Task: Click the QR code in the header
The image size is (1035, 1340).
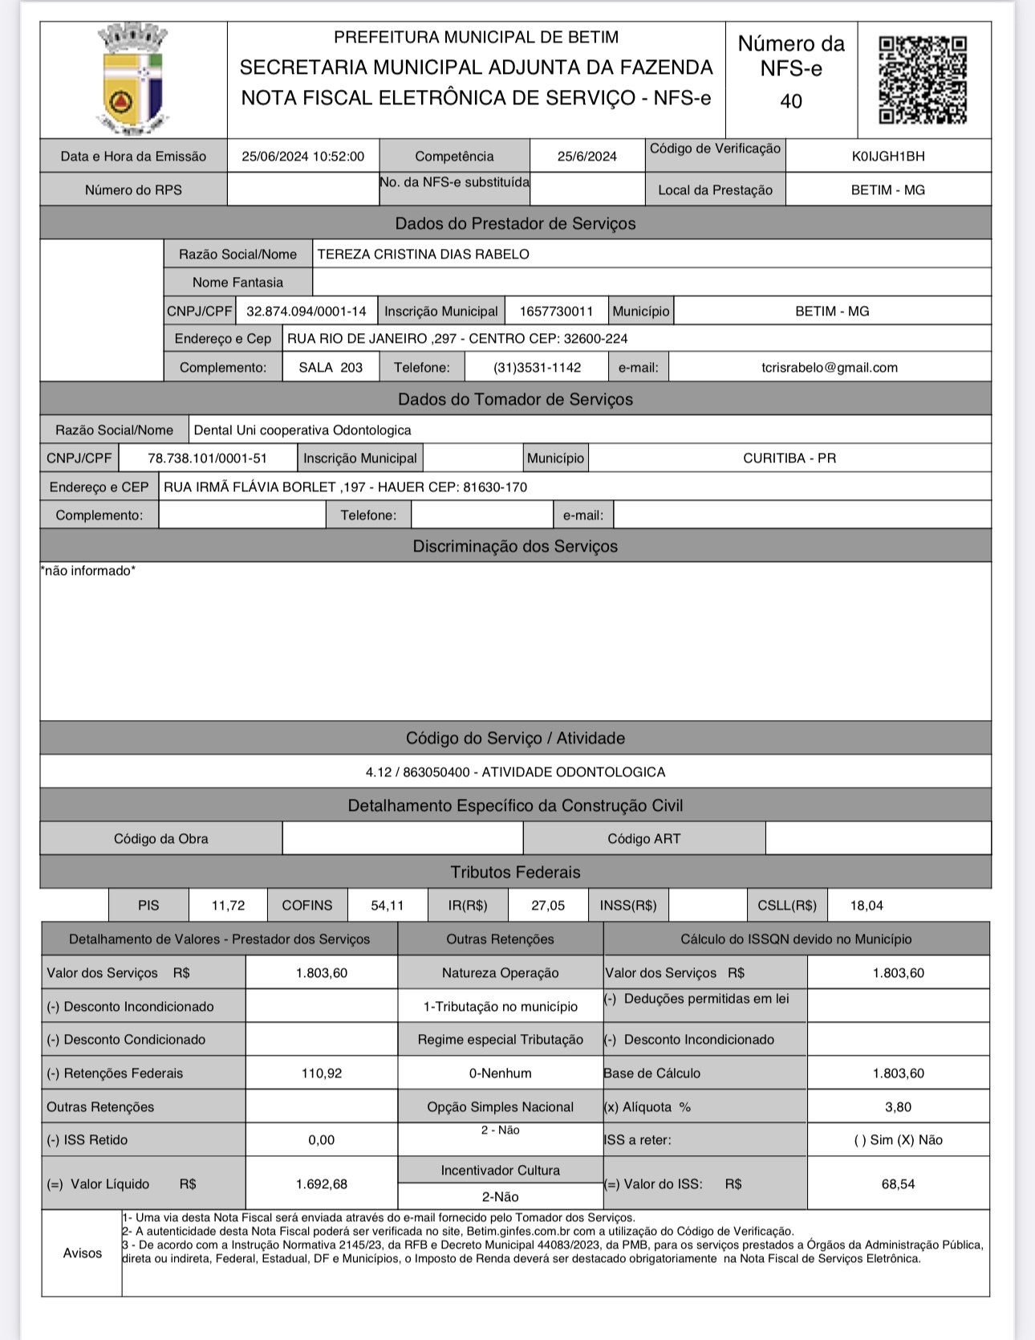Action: click(x=923, y=79)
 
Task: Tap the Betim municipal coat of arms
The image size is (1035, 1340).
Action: click(x=133, y=79)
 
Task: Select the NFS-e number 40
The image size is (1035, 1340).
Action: click(x=791, y=101)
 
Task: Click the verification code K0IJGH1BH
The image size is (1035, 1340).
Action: click(x=888, y=157)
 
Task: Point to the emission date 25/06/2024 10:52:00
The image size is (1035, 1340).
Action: click(x=302, y=157)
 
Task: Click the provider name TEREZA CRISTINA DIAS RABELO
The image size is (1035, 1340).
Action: click(x=423, y=255)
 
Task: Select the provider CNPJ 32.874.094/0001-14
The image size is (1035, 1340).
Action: click(x=306, y=312)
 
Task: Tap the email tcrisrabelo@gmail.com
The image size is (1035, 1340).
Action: click(x=829, y=368)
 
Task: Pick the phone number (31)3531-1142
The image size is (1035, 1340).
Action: click(x=537, y=368)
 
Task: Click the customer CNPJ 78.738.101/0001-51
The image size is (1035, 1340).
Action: click(x=207, y=458)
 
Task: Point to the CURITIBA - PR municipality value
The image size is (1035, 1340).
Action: click(x=789, y=458)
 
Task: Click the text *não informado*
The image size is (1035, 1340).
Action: click(x=88, y=571)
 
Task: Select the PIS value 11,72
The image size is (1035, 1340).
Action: click(x=228, y=906)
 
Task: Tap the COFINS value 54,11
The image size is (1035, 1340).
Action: click(x=387, y=906)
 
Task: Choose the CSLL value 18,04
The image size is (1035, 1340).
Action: click(x=867, y=906)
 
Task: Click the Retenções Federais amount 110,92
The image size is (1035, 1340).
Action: click(x=321, y=1073)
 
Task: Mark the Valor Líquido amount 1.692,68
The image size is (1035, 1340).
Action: click(x=321, y=1184)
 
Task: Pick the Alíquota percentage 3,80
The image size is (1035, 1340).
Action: click(x=898, y=1107)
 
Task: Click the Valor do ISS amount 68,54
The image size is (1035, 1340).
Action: click(x=898, y=1184)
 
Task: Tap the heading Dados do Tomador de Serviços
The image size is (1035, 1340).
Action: click(x=515, y=400)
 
